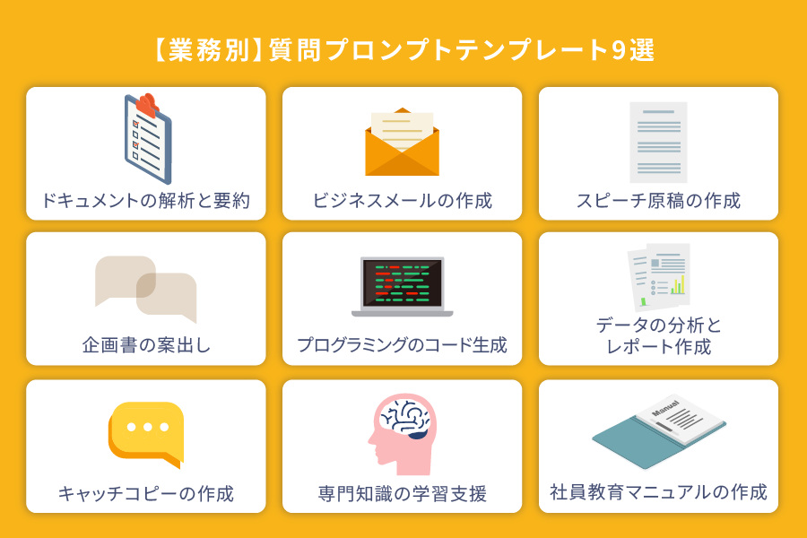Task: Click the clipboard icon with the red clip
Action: [148, 139]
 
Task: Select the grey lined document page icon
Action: [658, 142]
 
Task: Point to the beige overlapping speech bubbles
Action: [145, 289]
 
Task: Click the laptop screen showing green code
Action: [402, 282]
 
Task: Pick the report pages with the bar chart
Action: [658, 277]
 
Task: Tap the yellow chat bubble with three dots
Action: [146, 435]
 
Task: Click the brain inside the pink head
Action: [406, 418]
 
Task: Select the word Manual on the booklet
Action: [665, 408]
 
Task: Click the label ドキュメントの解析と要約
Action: [145, 201]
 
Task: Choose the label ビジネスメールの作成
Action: [403, 201]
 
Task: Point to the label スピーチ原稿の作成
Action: [658, 201]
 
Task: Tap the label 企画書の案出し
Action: [147, 345]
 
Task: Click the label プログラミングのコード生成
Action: [402, 345]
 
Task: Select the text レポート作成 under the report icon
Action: [659, 347]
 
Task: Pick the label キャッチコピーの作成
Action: [146, 494]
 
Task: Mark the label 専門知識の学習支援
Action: [403, 494]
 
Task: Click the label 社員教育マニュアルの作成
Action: [658, 492]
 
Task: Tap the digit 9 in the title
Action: [619, 50]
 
